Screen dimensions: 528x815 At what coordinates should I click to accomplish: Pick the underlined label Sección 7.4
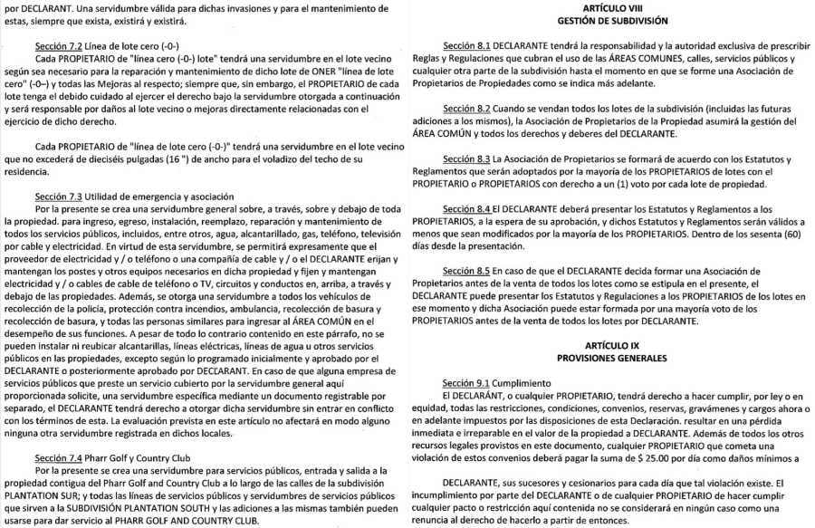[56, 457]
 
